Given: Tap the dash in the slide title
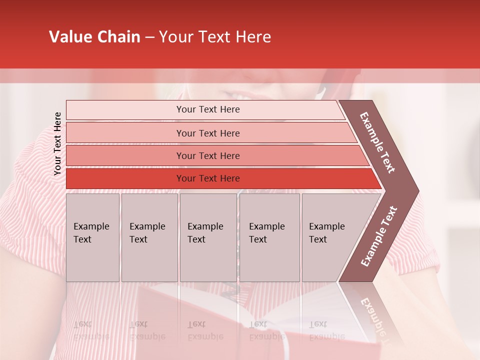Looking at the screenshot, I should click(149, 37).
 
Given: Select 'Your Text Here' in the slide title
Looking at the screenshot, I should click(215, 37).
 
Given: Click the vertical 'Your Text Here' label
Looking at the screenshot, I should click(57, 144).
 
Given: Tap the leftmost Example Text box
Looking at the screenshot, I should click(92, 237).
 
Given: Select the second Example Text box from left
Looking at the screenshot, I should click(149, 237).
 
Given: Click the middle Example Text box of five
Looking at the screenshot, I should click(208, 237).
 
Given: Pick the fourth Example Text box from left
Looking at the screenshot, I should click(269, 237).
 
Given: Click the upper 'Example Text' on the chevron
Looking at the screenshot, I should click(378, 142).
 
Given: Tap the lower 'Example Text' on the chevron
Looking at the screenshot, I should click(378, 236).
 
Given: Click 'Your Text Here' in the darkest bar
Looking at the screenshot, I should click(208, 178).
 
